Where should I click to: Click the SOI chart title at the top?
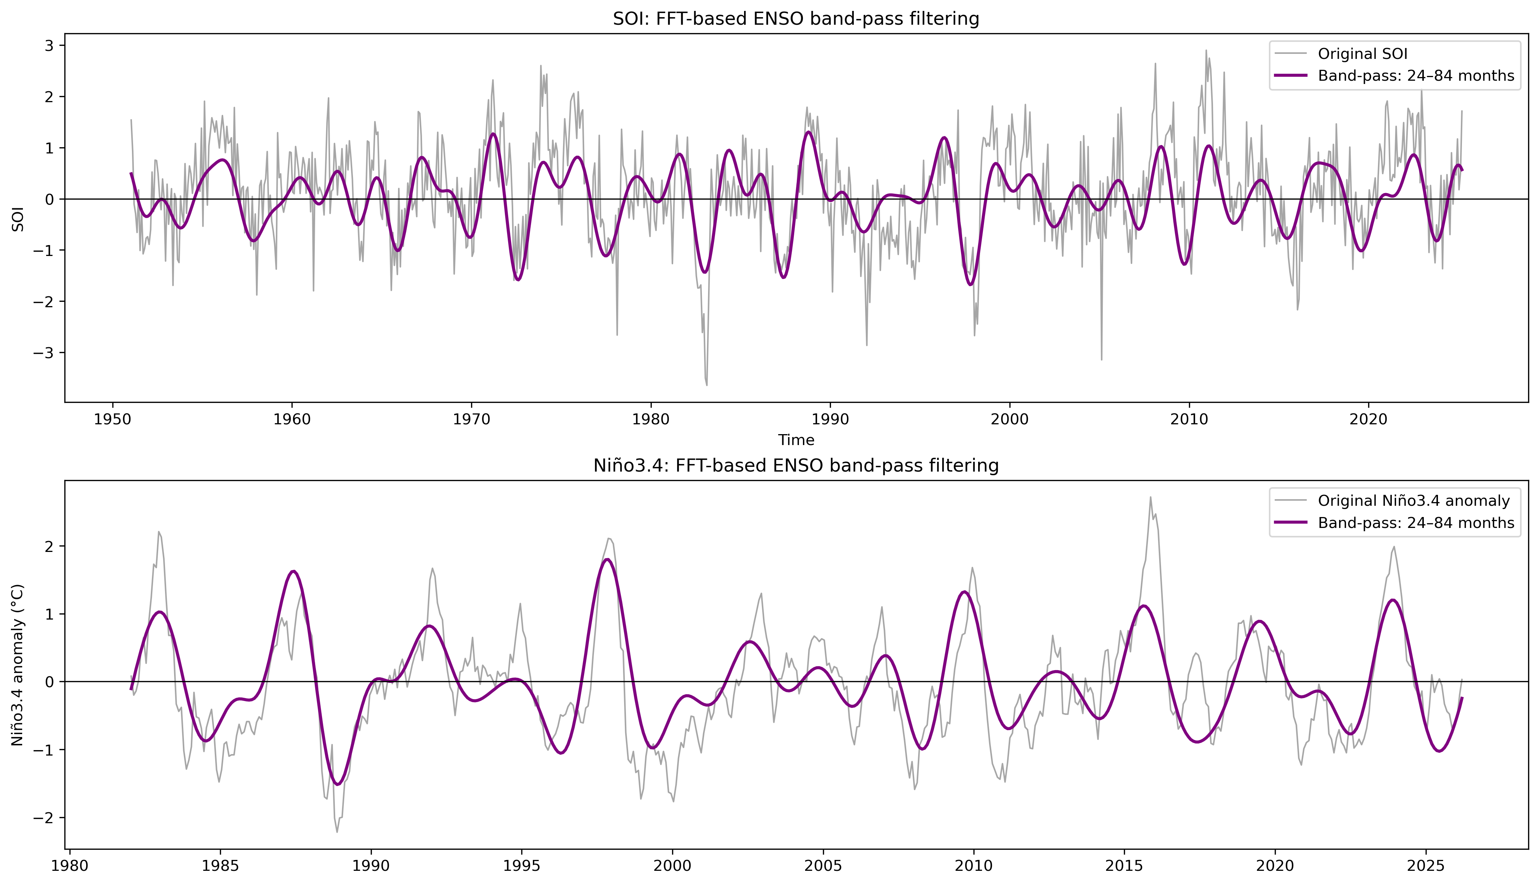(796, 19)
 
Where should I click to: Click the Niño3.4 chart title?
(796, 466)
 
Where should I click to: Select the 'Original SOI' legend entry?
(1362, 54)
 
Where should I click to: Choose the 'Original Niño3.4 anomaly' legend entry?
(1413, 501)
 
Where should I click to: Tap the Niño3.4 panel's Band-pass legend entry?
(1416, 523)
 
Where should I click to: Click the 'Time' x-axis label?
(796, 440)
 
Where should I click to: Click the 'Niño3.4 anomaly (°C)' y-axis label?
(17, 665)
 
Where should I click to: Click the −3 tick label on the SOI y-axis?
(45, 353)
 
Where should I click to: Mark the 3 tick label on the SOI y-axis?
(49, 45)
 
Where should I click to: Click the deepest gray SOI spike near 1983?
(707, 385)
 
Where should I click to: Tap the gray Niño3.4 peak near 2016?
(1150, 497)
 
